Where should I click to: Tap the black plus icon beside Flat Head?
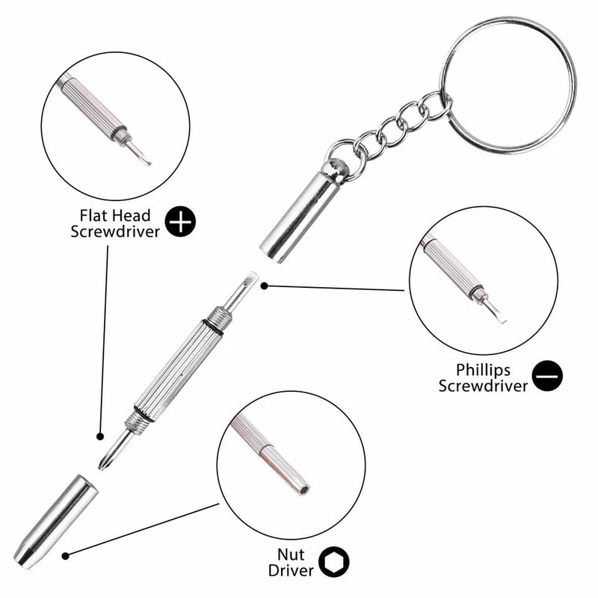click(x=180, y=222)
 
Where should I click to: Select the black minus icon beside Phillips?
click(x=548, y=376)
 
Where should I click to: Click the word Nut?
click(x=292, y=554)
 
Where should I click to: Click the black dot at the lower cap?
click(x=67, y=555)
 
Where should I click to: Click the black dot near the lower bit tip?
click(x=99, y=435)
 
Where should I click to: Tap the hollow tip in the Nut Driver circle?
click(x=303, y=490)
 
